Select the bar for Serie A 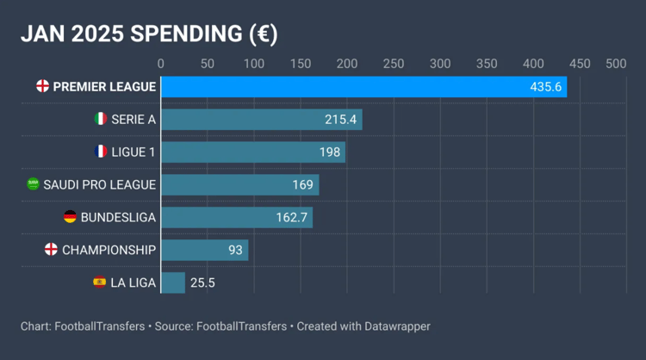click(261, 120)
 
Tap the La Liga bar click(173, 282)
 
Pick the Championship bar click(204, 250)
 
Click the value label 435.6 click(545, 87)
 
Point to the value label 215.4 click(340, 120)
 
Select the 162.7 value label click(292, 217)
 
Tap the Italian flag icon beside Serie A click(100, 119)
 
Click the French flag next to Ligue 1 click(100, 152)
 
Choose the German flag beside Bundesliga click(70, 217)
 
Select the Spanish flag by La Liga click(99, 282)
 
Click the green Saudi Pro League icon click(33, 184)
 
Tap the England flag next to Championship click(51, 250)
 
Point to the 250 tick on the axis click(394, 64)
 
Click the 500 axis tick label click(616, 64)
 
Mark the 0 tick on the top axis click(160, 64)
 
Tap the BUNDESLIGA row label click(118, 217)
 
